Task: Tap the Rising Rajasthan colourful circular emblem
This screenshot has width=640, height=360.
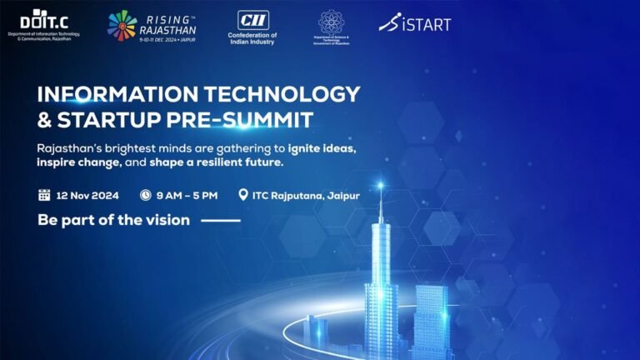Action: (122, 25)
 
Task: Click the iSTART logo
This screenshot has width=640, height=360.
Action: (414, 23)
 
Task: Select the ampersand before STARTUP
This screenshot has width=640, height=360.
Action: (45, 119)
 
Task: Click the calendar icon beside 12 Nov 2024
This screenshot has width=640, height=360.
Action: (44, 195)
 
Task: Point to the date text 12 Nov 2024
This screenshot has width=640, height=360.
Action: (88, 195)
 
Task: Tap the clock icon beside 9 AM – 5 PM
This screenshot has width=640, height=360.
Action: (145, 195)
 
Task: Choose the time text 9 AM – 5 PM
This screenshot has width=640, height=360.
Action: (187, 195)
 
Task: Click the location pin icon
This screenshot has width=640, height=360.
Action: (243, 195)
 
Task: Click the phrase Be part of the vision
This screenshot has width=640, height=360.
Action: (114, 221)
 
